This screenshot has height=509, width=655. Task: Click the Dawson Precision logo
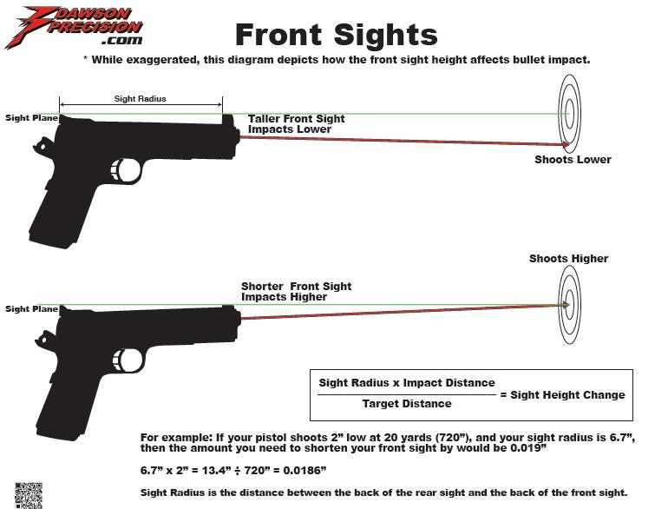(75, 26)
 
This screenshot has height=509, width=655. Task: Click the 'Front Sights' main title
(337, 34)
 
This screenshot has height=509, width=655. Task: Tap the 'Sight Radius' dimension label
(141, 99)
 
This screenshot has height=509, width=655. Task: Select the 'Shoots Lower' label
(573, 159)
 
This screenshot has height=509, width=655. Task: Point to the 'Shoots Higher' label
(568, 259)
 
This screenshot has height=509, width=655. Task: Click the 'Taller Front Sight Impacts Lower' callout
(296, 124)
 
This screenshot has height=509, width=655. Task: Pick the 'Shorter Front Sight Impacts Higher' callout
(296, 292)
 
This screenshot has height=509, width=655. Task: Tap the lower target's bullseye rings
(569, 305)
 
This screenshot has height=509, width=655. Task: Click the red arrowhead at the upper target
(566, 145)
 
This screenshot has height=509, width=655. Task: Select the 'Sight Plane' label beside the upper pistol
(32, 118)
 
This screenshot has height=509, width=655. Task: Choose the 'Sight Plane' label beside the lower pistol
(32, 309)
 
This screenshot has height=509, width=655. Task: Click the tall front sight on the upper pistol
(228, 119)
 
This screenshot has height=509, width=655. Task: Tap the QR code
(29, 496)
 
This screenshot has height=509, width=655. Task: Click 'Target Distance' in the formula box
(407, 404)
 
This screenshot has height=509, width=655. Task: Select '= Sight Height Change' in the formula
(562, 395)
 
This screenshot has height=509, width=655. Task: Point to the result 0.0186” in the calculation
(305, 470)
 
